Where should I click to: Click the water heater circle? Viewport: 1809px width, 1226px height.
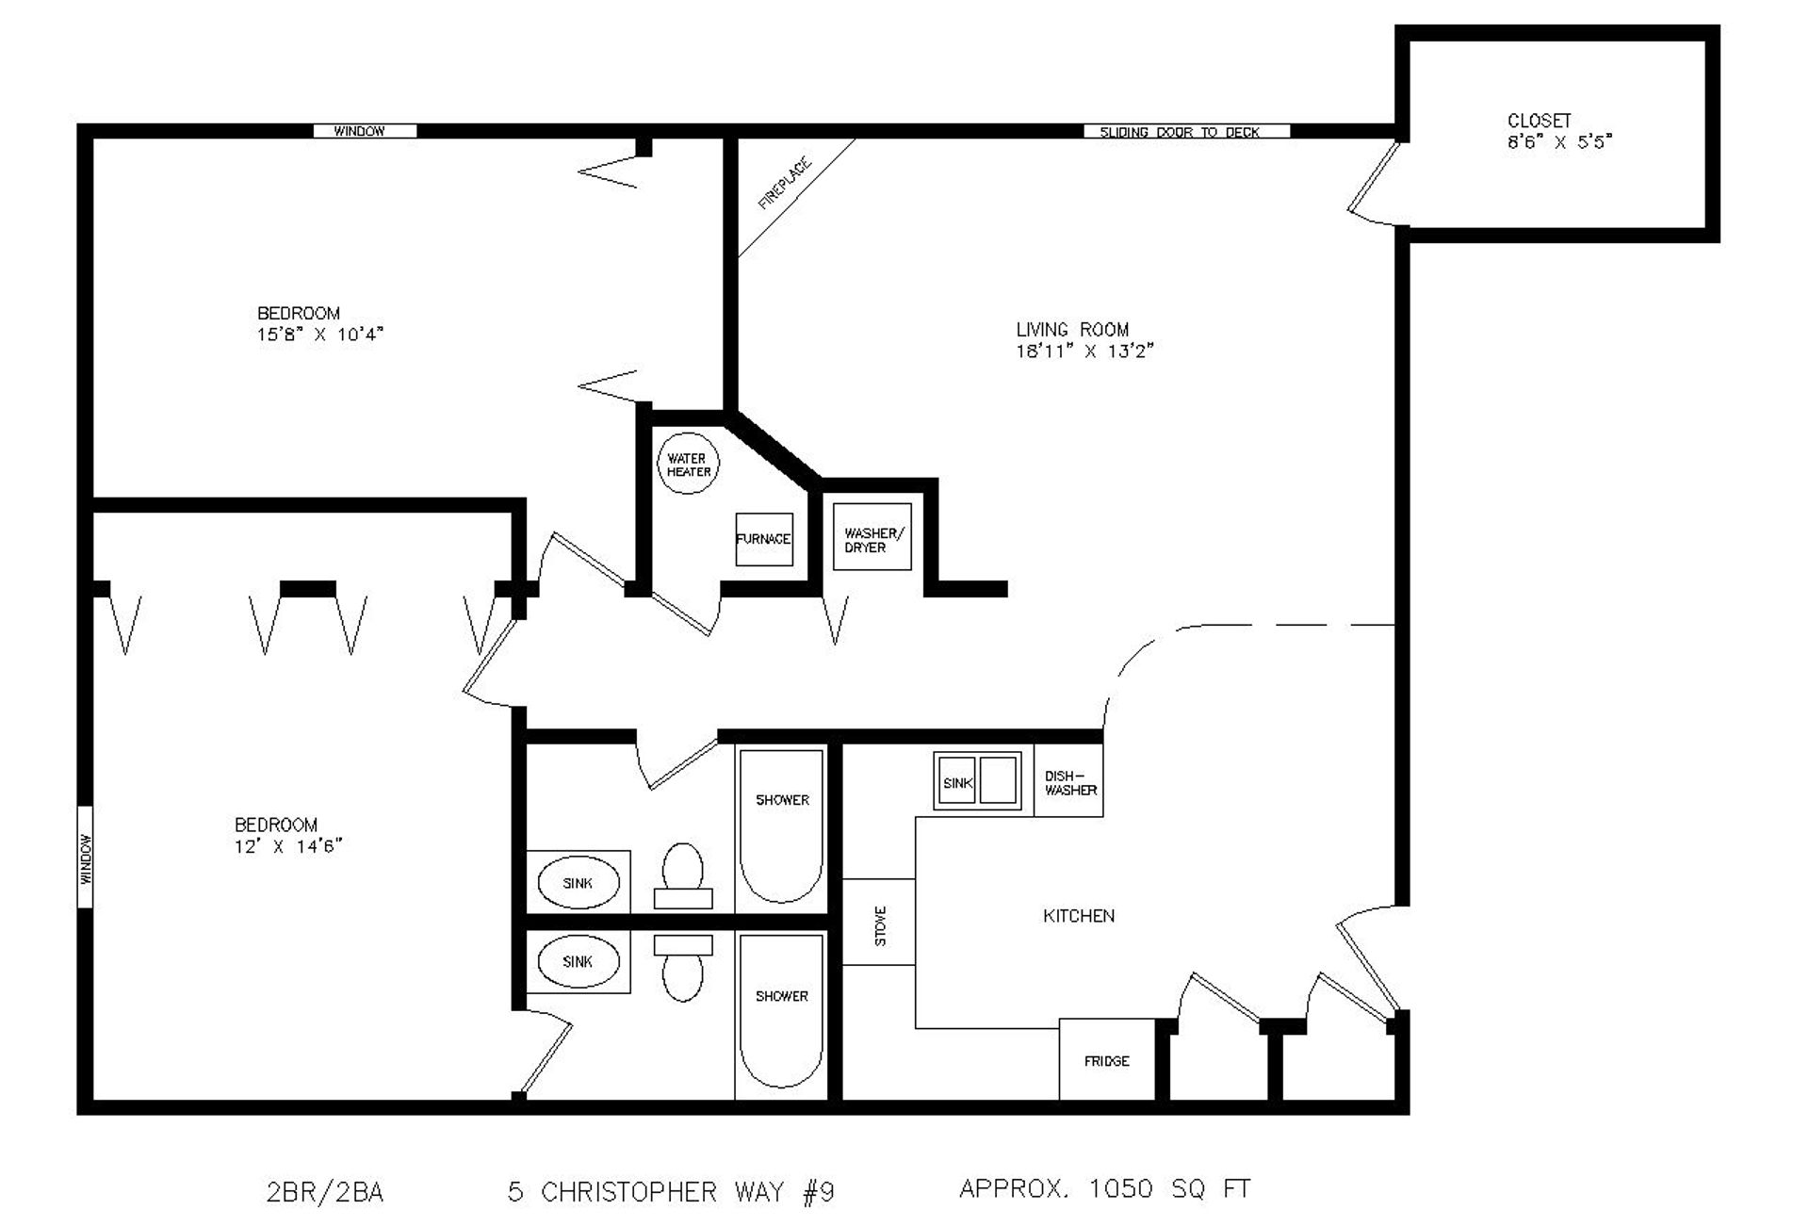click(688, 464)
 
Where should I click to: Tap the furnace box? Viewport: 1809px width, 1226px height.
click(764, 539)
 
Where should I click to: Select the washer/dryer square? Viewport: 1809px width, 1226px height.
click(872, 537)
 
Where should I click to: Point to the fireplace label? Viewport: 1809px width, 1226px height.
click(785, 184)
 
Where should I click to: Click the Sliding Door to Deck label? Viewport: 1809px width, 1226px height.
click(1180, 132)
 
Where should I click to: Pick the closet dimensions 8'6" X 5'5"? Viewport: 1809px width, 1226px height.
click(1560, 142)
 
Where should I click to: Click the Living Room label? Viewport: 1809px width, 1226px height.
click(1072, 330)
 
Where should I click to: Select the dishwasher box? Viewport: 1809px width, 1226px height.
click(1069, 780)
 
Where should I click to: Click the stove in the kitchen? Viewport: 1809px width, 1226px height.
click(879, 922)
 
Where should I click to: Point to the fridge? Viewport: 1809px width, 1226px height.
click(1107, 1059)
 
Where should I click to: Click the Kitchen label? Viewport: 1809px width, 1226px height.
click(1079, 916)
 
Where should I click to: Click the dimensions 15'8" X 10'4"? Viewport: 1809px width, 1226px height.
click(320, 335)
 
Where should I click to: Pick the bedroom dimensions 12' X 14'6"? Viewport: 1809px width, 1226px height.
click(288, 846)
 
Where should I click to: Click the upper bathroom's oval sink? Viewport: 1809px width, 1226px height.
click(579, 883)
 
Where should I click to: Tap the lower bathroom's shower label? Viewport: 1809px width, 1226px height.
click(782, 996)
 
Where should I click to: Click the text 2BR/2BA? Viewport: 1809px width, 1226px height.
click(325, 1193)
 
